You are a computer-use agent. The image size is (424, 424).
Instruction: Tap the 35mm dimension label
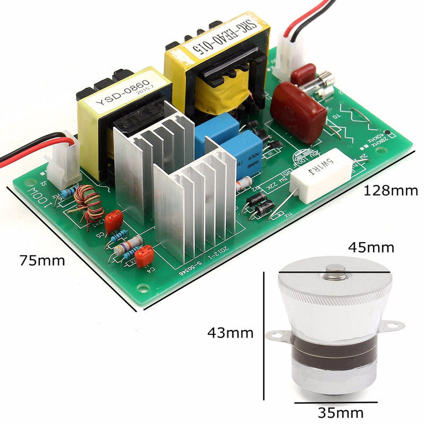[x=340, y=412]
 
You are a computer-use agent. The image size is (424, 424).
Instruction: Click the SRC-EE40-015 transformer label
[x=214, y=40]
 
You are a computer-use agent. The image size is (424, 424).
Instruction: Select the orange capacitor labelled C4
[x=144, y=257]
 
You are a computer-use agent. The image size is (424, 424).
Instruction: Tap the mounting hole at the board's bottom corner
[x=142, y=289]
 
